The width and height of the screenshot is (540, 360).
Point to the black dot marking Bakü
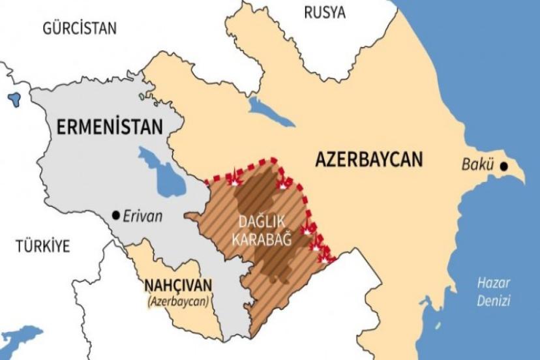click(x=504, y=166)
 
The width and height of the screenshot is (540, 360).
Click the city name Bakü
click(x=478, y=166)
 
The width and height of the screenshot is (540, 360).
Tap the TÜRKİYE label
click(x=42, y=246)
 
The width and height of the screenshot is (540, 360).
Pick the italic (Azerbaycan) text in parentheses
click(x=177, y=301)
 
